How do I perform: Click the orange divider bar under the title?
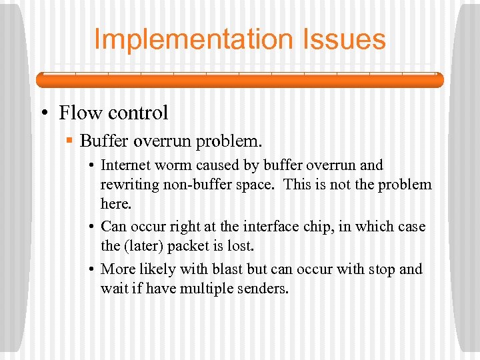[239, 80]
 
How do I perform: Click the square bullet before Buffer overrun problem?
[70, 141]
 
